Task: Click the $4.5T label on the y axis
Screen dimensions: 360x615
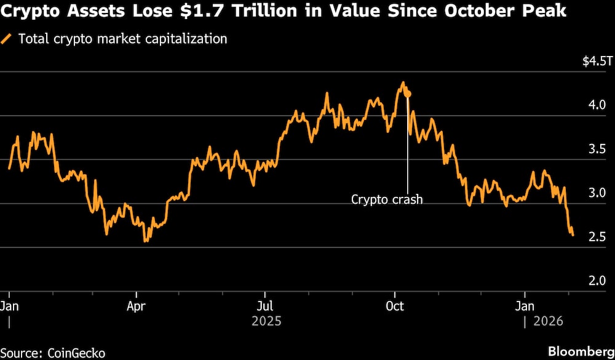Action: (596, 62)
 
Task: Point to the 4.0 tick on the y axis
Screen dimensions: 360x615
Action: (597, 105)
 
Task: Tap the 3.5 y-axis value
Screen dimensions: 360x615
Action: (597, 149)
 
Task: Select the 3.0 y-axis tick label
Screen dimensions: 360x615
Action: (597, 193)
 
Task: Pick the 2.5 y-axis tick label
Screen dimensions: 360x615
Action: (597, 237)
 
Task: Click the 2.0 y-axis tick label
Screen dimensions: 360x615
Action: (597, 281)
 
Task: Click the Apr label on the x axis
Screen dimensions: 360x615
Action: (135, 306)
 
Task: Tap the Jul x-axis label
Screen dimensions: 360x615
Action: (264, 306)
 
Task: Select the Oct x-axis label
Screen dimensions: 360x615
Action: (394, 306)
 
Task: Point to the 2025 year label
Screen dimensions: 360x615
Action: (266, 321)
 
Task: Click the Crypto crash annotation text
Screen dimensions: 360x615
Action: (387, 199)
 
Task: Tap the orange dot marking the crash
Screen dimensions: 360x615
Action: (408, 94)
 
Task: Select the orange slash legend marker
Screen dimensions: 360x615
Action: (7, 39)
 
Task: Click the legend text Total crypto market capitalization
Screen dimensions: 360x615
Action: (123, 39)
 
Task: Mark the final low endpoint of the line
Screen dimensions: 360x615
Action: (573, 235)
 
